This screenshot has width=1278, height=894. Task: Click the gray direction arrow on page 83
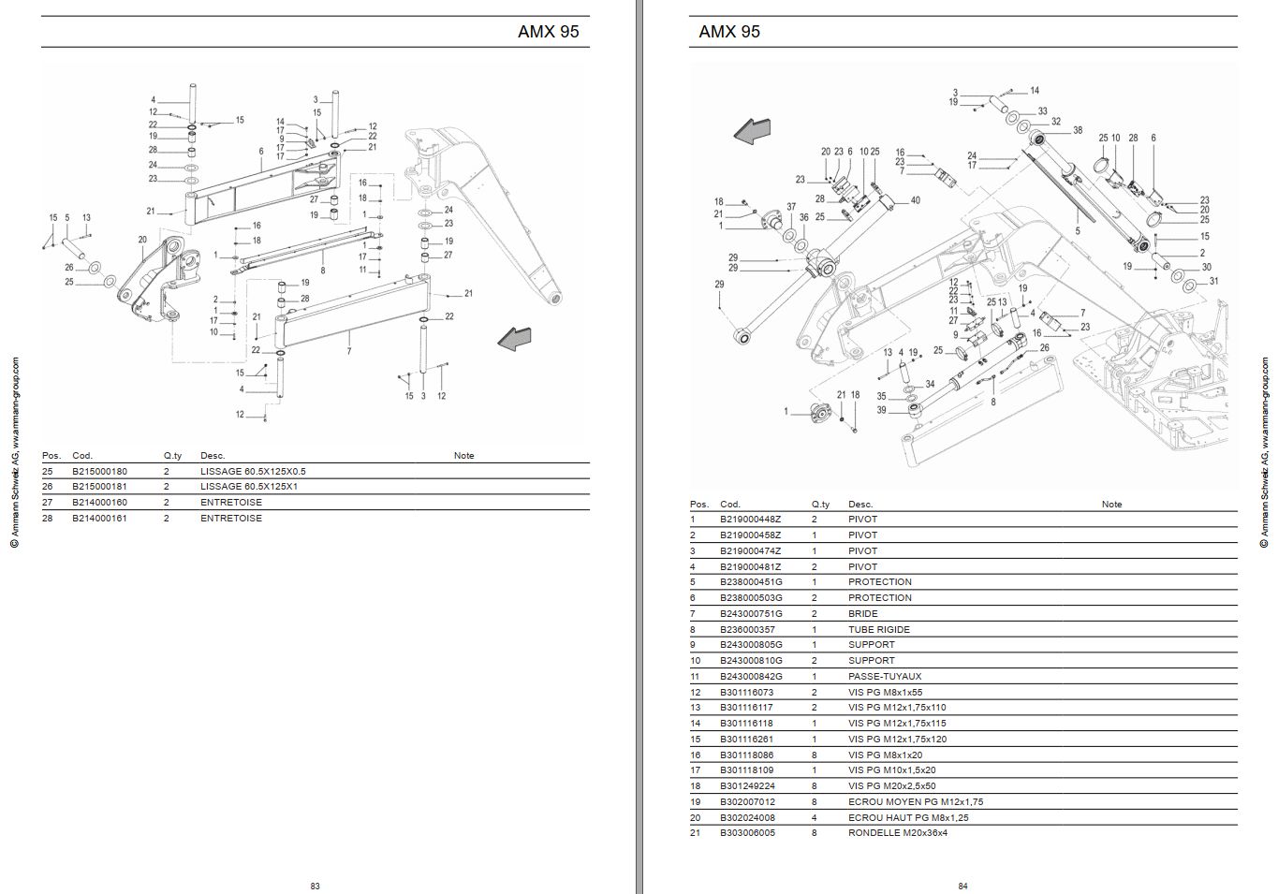click(x=515, y=339)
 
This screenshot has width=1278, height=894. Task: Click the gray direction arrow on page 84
click(x=752, y=131)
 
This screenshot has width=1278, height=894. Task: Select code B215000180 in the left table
click(x=100, y=471)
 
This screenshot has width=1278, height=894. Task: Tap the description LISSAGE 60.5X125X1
click(x=249, y=487)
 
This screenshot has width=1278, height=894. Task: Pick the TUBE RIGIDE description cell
click(x=878, y=630)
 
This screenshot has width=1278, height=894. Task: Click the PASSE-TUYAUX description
click(x=885, y=677)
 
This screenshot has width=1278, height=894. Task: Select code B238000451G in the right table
click(x=751, y=582)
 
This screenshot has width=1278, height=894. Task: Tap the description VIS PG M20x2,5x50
click(x=891, y=786)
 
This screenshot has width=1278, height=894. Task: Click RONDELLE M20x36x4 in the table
click(x=898, y=833)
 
